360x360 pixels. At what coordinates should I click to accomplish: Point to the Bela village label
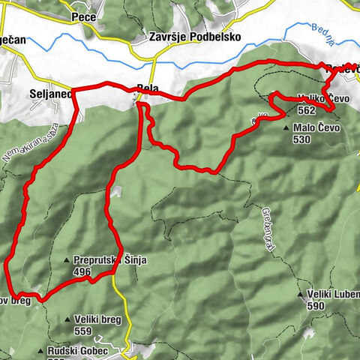pos(148,87)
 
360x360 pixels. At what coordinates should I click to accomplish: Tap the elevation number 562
pos(305,109)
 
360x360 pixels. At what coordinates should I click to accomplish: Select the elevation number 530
pos(301,139)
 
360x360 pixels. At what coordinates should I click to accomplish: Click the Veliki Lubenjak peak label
pos(334,294)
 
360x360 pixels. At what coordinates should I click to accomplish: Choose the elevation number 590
pos(317,305)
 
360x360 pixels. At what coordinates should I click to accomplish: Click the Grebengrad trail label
pos(267,219)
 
